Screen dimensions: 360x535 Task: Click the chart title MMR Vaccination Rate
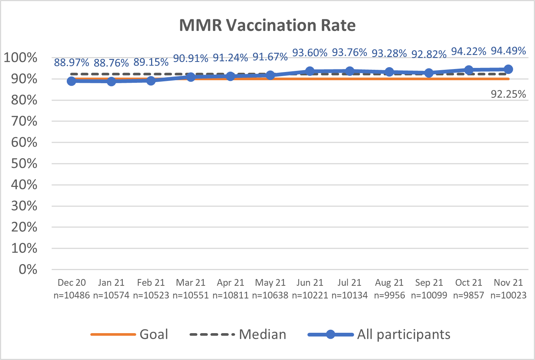[x=267, y=25]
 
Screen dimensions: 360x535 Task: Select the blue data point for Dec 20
[x=72, y=81]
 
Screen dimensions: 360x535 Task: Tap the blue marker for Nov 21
[x=508, y=69]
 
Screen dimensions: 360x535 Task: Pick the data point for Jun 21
[x=310, y=71]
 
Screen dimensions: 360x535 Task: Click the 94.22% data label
[x=469, y=51]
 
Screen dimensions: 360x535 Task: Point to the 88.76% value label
[x=111, y=63]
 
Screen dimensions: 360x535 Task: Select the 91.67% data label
[x=270, y=57]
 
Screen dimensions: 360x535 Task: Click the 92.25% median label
[x=508, y=94]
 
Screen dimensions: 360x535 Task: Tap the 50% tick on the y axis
[x=25, y=164]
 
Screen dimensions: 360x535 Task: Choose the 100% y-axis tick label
[x=21, y=58]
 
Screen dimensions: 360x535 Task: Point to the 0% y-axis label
[x=28, y=269]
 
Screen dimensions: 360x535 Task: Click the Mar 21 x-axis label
[x=191, y=283]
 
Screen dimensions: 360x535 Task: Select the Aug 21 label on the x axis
[x=389, y=283]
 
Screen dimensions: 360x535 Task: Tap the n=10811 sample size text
[x=231, y=295]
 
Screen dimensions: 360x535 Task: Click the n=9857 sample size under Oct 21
[x=469, y=295]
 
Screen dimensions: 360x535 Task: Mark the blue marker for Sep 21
[x=429, y=73]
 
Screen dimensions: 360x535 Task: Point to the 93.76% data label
[x=350, y=53]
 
